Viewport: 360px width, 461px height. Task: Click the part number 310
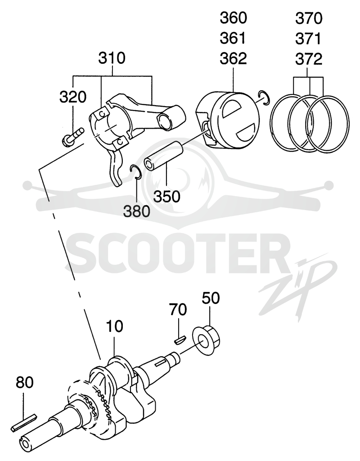tap(112, 58)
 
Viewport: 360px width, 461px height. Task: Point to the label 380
tap(136, 211)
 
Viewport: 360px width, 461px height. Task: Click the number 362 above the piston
tap(233, 59)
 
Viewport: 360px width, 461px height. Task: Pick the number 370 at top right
tap(309, 18)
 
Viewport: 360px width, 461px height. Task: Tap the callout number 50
tap(211, 298)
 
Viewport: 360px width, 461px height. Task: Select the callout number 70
tap(178, 309)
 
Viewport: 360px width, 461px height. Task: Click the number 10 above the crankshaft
tap(114, 326)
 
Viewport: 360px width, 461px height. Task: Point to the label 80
tap(25, 382)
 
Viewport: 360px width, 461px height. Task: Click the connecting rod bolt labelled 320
tap(73, 137)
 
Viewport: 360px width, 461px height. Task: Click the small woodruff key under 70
tap(179, 340)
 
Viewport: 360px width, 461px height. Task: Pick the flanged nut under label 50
tap(207, 340)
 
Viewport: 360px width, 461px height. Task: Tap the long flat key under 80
tap(24, 423)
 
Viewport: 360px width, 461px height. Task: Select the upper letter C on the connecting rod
tap(101, 114)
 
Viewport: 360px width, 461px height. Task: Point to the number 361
tap(233, 39)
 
